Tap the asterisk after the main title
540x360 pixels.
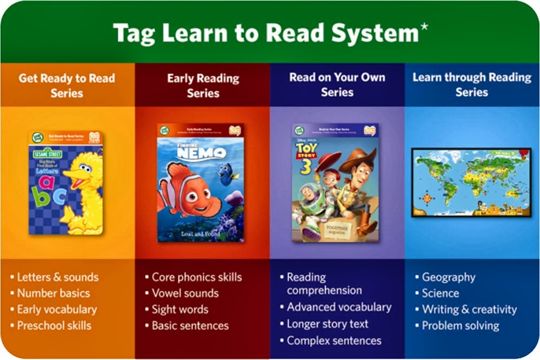point(424,27)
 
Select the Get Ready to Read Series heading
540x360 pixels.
point(67,85)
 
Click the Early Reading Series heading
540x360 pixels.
point(203,85)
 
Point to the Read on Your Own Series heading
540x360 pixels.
point(337,84)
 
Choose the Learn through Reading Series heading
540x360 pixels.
point(472,84)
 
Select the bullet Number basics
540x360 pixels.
point(54,294)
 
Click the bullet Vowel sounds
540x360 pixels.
point(185,294)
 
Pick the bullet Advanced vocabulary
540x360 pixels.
point(339,307)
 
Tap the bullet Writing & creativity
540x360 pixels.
point(469,310)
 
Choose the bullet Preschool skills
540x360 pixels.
point(54,325)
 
